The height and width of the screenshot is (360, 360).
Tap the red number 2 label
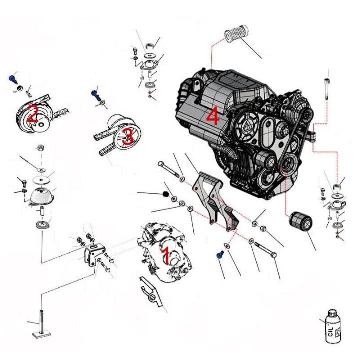pos(32,114)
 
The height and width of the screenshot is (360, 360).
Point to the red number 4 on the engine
pos(212,117)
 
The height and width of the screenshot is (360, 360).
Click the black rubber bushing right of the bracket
pos(301,223)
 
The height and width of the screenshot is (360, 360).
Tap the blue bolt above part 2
pos(13,78)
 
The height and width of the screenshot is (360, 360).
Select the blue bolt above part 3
pos(95,93)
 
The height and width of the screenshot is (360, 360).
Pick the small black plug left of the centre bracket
pos(165,193)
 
